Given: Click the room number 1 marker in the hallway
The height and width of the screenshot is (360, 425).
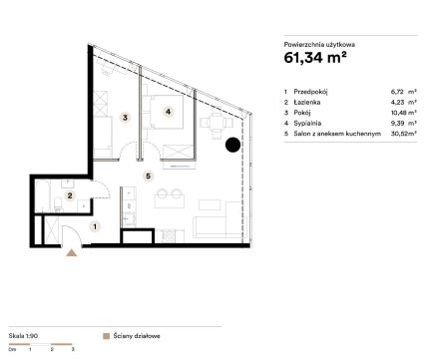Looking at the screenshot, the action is [x=95, y=226].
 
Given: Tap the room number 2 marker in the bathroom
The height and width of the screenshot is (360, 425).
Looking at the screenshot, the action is [x=70, y=195].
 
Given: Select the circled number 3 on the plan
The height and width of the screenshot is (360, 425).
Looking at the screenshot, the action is [x=125, y=118].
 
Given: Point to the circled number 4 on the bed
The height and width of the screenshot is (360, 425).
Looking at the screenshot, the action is [x=168, y=112].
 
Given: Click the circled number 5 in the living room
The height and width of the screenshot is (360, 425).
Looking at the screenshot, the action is [x=149, y=176].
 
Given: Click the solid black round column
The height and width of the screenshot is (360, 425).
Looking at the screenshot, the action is [x=232, y=145].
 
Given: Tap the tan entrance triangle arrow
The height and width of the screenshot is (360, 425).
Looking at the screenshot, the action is [x=72, y=253].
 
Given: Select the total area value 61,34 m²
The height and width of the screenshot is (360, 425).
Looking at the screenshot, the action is [x=315, y=58].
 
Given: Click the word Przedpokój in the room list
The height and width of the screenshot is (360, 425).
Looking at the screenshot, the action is [x=310, y=92].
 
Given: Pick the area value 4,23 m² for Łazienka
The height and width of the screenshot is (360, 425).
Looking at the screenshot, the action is [x=404, y=102].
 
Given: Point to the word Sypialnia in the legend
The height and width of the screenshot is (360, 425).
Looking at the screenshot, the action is [x=307, y=124].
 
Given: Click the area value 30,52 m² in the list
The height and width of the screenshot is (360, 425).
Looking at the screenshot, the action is [x=404, y=134].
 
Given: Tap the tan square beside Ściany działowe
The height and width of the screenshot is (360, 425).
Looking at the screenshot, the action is [x=107, y=336].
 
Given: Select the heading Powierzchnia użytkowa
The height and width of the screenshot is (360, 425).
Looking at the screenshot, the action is [x=319, y=45].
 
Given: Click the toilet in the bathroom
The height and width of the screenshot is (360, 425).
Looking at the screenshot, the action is [x=59, y=204].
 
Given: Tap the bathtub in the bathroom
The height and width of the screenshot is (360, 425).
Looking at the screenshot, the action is [x=43, y=196].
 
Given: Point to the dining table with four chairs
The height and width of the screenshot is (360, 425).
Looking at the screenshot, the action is [x=216, y=124].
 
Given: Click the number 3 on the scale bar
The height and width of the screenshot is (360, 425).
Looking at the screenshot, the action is [x=73, y=349].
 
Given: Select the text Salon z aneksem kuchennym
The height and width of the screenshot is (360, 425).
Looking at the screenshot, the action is [x=337, y=134].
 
